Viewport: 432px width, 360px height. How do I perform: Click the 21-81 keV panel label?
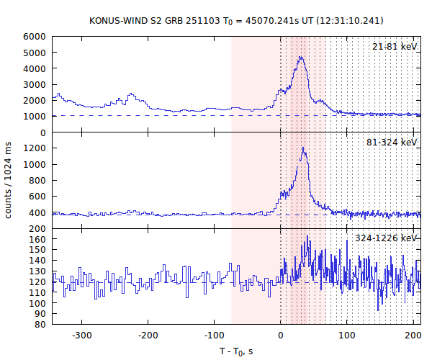click(x=395, y=47)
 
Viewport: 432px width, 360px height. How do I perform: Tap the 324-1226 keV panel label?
click(x=386, y=238)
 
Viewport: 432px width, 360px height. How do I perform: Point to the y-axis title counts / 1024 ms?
click(x=9, y=180)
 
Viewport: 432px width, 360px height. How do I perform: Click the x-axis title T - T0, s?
click(x=236, y=351)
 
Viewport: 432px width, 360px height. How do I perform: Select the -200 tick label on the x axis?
click(x=148, y=336)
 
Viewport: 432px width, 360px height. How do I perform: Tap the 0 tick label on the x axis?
click(x=281, y=336)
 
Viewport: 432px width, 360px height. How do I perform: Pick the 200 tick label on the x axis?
click(x=413, y=336)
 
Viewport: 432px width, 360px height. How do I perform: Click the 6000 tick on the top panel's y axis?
click(x=36, y=37)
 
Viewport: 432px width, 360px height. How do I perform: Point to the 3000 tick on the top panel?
click(x=36, y=85)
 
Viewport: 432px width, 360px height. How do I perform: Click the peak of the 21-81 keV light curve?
click(x=300, y=57)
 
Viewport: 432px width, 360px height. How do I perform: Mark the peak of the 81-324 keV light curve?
click(x=304, y=148)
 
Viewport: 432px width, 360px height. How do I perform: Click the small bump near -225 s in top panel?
click(x=131, y=94)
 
